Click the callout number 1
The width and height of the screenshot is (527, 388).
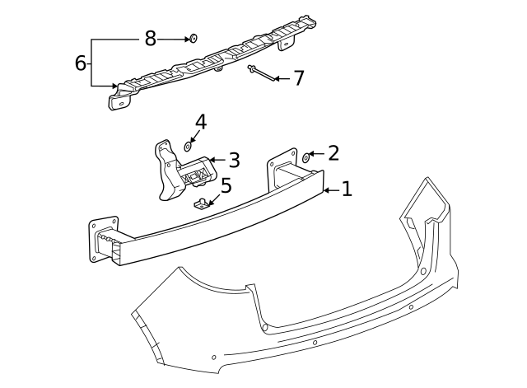pyautogui.click(x=347, y=189)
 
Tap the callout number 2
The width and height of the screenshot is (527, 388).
pyautogui.click(x=333, y=152)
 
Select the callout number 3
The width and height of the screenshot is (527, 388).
pyautogui.click(x=234, y=160)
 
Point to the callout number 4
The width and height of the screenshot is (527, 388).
pyautogui.click(x=200, y=123)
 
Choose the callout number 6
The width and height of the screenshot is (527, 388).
pyautogui.click(x=81, y=63)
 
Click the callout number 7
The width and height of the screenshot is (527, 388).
pyautogui.click(x=298, y=78)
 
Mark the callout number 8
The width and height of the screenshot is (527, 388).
pyautogui.click(x=150, y=38)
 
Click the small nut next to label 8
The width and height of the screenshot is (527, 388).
pyautogui.click(x=193, y=39)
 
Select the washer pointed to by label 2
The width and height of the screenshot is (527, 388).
pyautogui.click(x=306, y=156)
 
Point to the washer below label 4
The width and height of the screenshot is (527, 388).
pyautogui.click(x=188, y=147)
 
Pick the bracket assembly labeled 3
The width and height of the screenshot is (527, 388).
pyautogui.click(x=181, y=173)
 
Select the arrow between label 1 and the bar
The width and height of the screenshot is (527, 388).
pyautogui.click(x=330, y=190)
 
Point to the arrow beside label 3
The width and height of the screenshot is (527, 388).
pyautogui.click(x=216, y=160)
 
